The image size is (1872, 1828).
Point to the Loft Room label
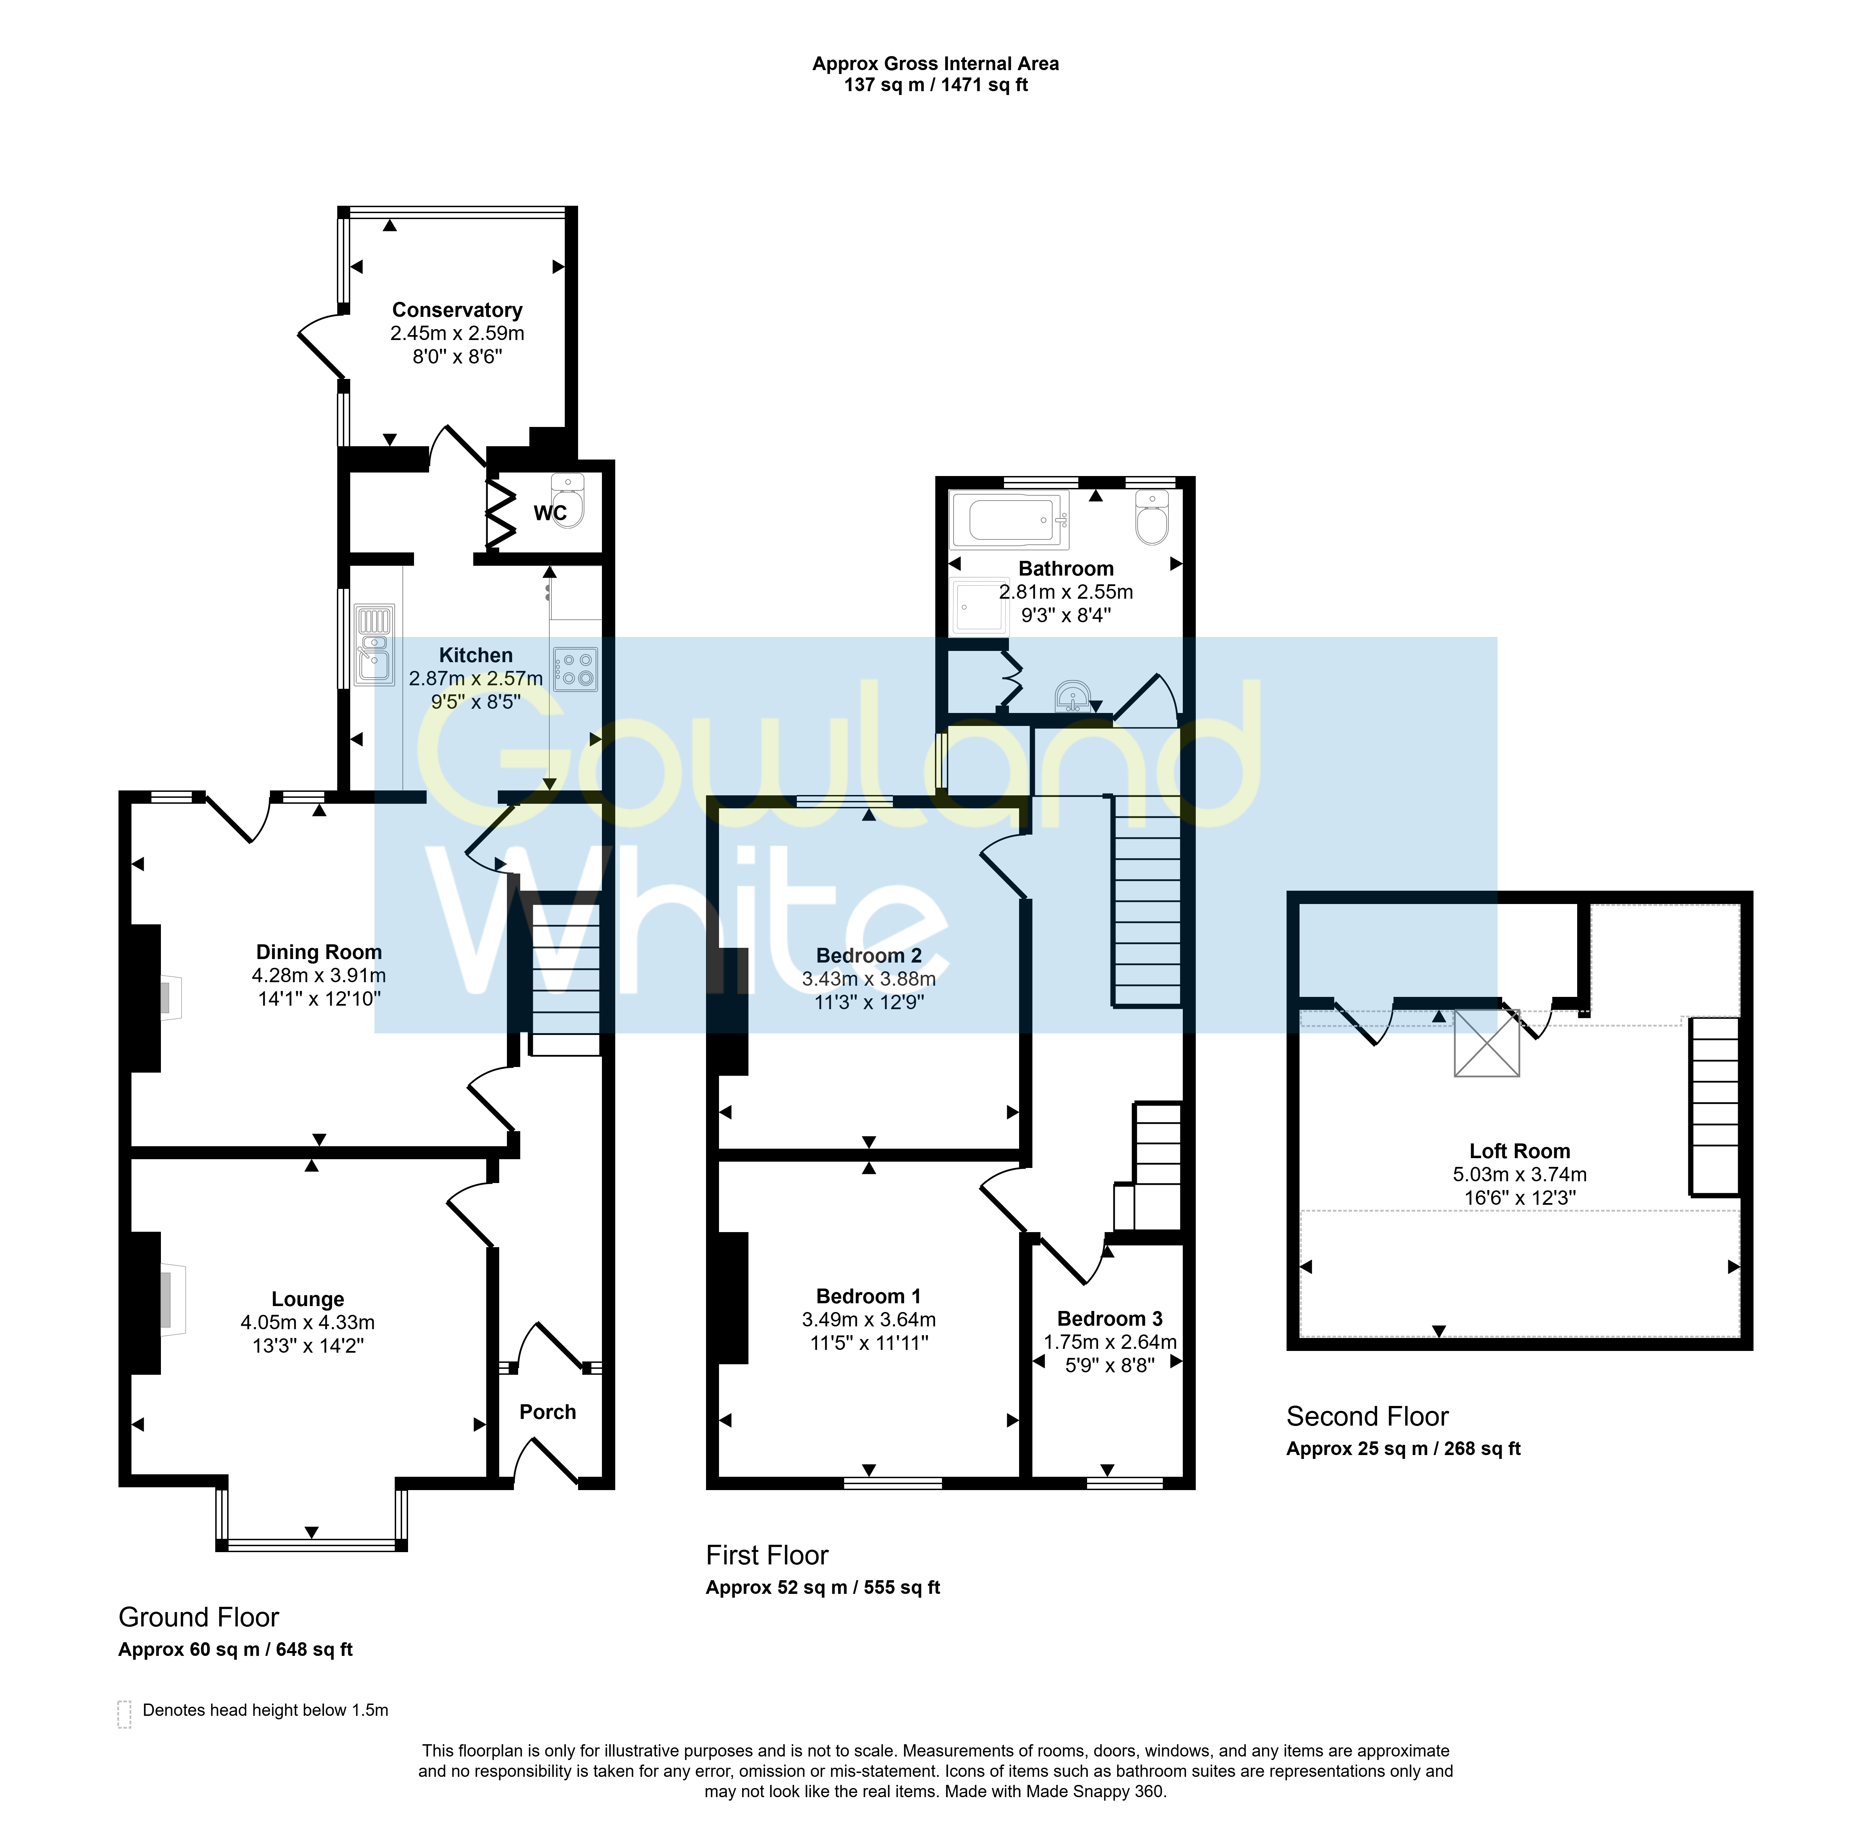coord(1520,1151)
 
